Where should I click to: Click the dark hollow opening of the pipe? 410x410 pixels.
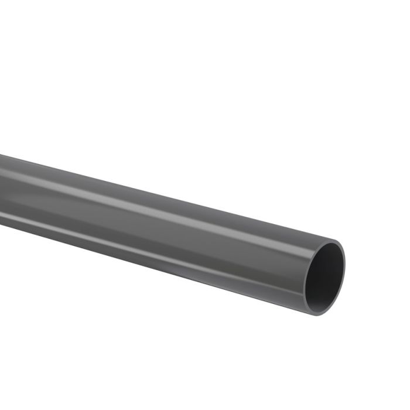(326, 275)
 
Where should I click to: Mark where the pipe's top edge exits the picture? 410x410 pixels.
(1, 155)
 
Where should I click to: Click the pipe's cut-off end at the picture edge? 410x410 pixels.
(2, 190)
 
